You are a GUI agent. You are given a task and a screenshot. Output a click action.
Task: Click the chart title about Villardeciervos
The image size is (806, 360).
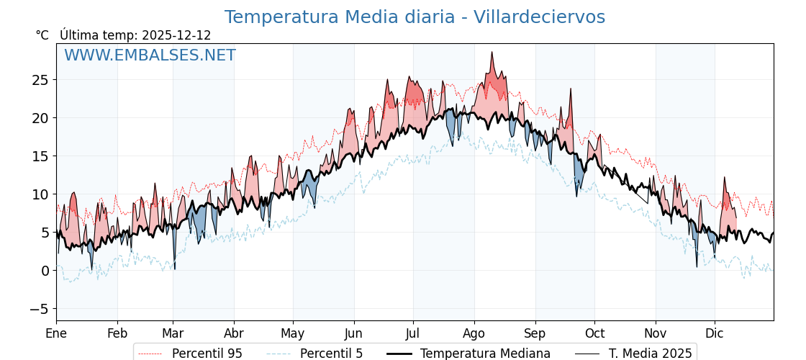pos(415,17)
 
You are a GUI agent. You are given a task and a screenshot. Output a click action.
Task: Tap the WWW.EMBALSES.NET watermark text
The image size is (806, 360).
pos(150,55)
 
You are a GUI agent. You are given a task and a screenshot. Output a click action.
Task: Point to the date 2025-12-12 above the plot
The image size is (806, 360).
pos(176,35)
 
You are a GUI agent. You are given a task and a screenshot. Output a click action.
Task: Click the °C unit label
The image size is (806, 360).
pos(42,35)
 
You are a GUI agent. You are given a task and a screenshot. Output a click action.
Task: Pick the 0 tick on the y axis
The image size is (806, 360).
pos(45,271)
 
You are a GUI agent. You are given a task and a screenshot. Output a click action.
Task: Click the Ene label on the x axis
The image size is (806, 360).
pos(56,333)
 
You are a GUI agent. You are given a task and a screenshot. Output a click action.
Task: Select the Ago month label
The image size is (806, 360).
pos(474,333)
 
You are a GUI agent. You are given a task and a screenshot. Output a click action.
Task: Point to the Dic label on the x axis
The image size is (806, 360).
pos(715,333)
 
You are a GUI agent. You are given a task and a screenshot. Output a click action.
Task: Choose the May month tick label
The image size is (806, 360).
pos(293,333)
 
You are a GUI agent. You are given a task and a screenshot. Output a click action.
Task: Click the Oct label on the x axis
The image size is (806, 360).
pos(594,333)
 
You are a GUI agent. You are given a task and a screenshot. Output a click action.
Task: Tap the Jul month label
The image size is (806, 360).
pos(413,333)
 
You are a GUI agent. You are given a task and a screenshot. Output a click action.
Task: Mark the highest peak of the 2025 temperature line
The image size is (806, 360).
pos(492,52)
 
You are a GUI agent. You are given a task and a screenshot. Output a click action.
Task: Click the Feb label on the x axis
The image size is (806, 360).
pos(117,333)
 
